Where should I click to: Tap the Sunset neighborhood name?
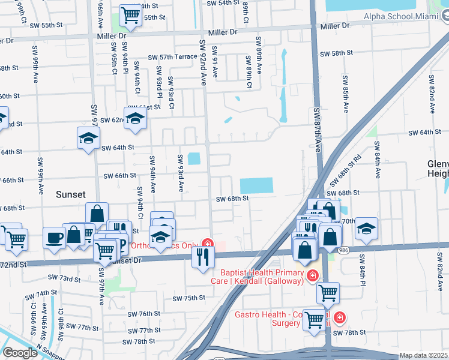[x=71, y=194]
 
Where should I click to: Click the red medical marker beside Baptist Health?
[x=312, y=275]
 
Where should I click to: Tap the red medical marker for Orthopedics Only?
[x=208, y=244]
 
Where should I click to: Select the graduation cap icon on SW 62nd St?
[x=135, y=118]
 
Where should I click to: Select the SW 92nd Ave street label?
[x=202, y=62]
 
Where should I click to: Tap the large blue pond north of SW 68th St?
[x=256, y=186]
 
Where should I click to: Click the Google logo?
[x=20, y=353]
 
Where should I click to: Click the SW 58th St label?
[x=336, y=53]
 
